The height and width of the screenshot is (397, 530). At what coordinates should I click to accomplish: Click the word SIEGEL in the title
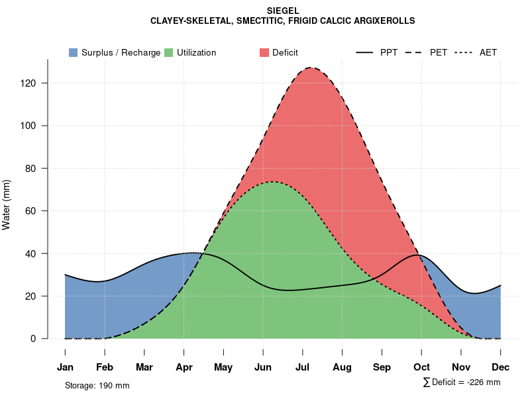point(283,11)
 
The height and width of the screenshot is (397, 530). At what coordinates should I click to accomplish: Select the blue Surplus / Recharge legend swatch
point(73,52)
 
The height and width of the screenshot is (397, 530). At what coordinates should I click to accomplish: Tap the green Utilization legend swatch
point(168,52)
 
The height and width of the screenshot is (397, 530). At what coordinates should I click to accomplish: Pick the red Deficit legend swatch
point(264,52)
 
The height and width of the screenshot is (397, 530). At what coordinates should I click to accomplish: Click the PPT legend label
point(389,52)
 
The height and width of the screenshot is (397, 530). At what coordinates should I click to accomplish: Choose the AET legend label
point(488,52)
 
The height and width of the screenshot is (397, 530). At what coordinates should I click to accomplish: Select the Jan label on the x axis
point(65,367)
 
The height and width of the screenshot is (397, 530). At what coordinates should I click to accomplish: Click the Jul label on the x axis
point(303,367)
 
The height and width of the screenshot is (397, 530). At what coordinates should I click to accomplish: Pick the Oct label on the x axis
point(421,367)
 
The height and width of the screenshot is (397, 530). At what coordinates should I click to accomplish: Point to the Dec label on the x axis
point(501,367)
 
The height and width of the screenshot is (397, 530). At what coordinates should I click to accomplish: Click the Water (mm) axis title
point(7,204)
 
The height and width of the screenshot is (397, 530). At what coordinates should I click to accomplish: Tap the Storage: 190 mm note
point(97,385)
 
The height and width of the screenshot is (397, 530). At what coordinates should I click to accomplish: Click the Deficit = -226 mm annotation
point(462,382)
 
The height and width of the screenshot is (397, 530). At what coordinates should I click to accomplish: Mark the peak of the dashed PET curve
point(310,67)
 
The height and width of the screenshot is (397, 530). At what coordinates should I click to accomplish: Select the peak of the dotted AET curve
point(272,182)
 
